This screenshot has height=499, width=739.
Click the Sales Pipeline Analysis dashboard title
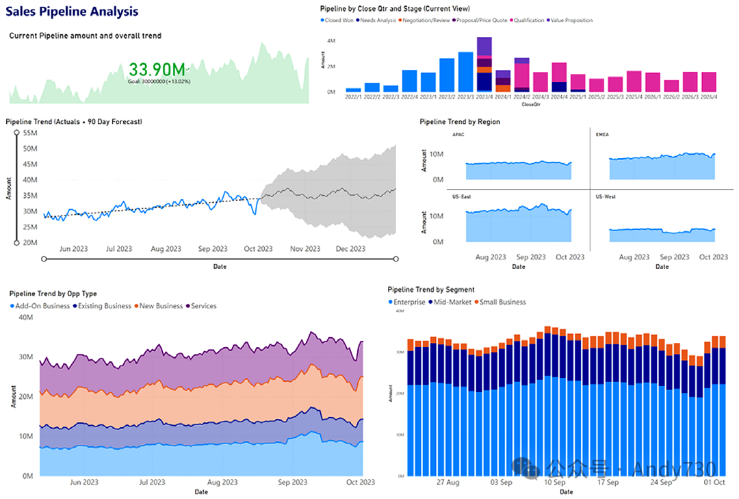pos(72,12)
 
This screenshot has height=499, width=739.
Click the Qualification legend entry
pos(529,20)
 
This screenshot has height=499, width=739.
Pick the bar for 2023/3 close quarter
pos(465,72)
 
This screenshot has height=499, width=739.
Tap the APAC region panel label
pos(459,135)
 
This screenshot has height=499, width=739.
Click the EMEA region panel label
pos(603,135)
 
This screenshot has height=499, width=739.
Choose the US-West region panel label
pos(606,196)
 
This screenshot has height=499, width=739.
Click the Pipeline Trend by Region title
pos(459,121)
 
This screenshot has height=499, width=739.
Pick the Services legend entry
pos(203,306)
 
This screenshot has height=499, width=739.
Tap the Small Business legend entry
pos(503,302)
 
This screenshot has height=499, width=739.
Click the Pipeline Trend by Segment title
pos(430,290)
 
